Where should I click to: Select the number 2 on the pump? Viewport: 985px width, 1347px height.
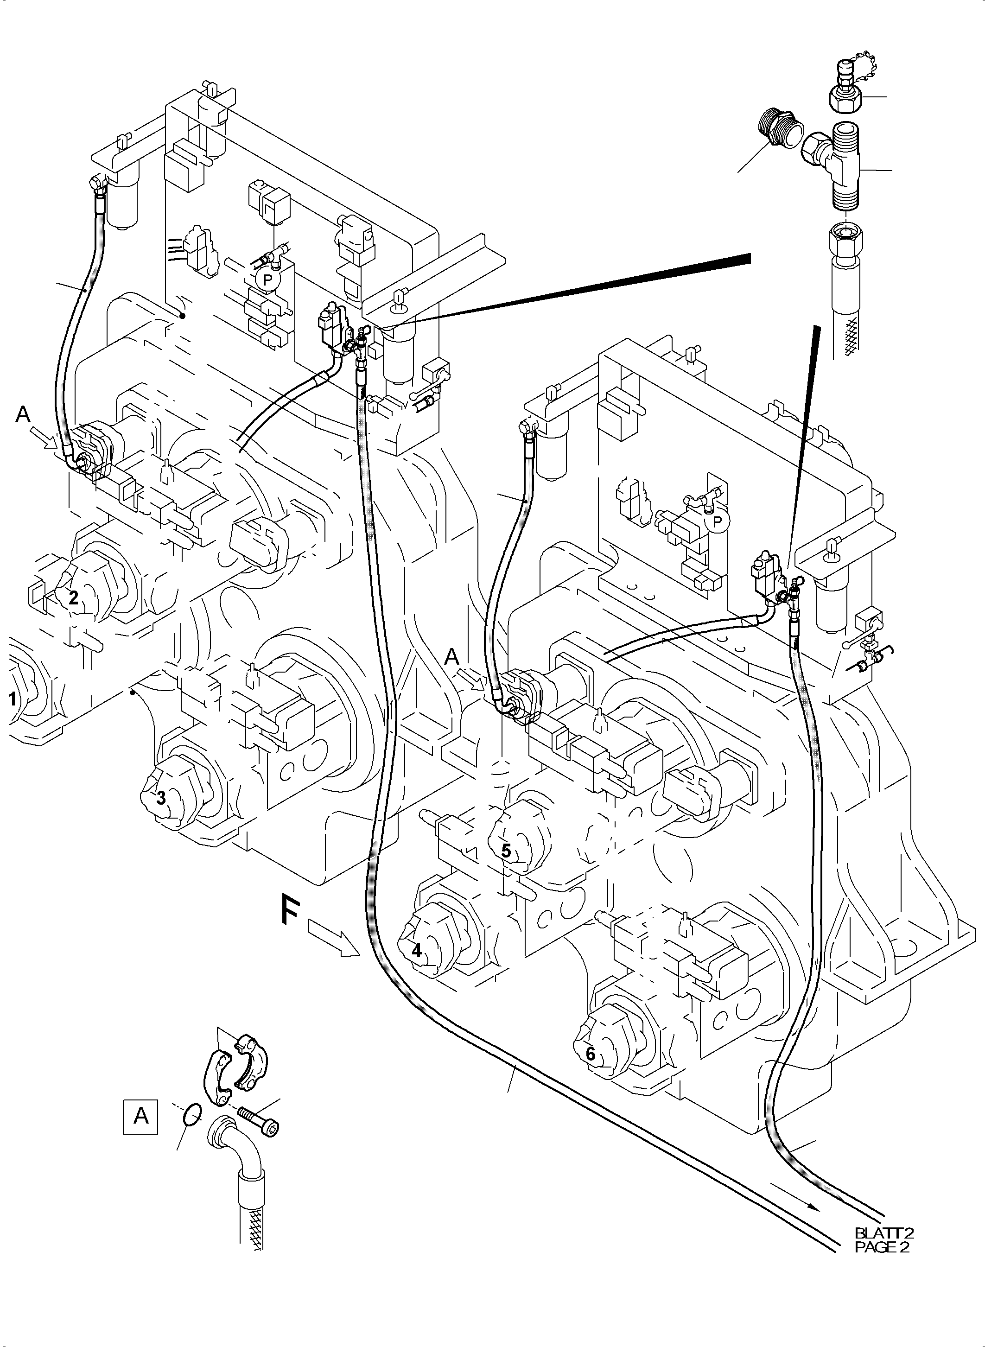(73, 597)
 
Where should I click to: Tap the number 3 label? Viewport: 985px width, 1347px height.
(161, 798)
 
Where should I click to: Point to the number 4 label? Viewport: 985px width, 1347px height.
(417, 951)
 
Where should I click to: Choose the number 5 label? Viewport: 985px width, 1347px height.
(506, 851)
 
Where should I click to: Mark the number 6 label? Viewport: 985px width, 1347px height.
(590, 1054)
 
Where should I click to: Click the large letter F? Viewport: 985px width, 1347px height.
(290, 909)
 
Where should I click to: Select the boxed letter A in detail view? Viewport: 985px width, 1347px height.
(141, 1115)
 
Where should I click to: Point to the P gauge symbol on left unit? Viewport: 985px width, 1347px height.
(268, 279)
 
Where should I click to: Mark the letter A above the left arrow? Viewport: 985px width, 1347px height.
(23, 414)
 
